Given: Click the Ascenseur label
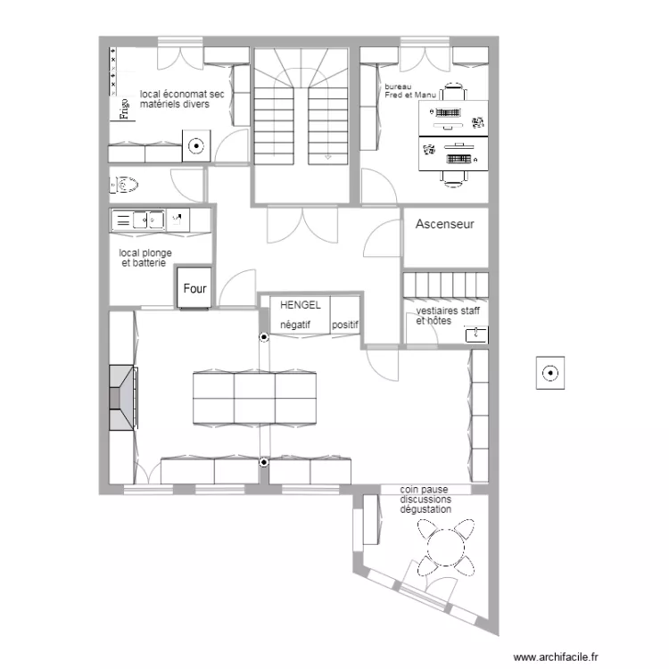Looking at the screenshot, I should [444, 225].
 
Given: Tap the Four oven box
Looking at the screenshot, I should [194, 288].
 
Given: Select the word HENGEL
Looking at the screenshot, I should [300, 305].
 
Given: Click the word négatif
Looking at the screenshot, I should [295, 326].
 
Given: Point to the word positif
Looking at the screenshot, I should [344, 326].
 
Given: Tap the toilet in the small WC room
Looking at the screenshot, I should [126, 186].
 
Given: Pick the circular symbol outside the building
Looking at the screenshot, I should [549, 373].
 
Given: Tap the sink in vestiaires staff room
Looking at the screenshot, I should [476, 334].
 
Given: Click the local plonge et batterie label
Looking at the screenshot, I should [145, 258].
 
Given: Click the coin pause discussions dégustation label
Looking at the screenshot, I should [425, 499].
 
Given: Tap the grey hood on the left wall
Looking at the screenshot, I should [121, 398].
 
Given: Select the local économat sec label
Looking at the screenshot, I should [182, 99].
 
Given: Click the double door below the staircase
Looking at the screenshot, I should [301, 225].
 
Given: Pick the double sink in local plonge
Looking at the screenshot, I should [142, 219].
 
